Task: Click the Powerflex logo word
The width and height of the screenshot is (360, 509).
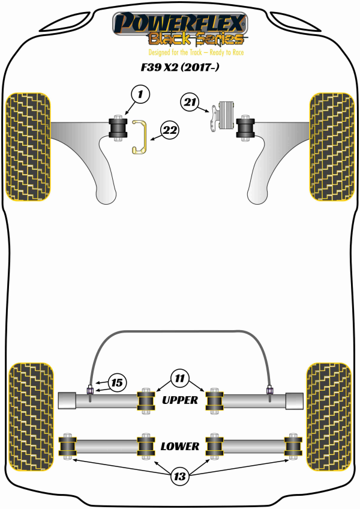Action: (180, 23)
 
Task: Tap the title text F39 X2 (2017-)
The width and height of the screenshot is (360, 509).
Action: (179, 68)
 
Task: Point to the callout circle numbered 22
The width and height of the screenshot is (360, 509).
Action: (170, 128)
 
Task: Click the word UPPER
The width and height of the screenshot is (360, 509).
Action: (179, 400)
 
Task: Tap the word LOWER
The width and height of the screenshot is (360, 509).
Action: (179, 446)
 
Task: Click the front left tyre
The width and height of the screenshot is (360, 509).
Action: (28, 146)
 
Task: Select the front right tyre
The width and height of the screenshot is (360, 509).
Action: (330, 146)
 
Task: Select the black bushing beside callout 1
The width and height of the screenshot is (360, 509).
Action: (118, 127)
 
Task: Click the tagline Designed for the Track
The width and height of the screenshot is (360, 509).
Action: (180, 52)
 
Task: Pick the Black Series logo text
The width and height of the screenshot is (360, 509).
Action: (196, 40)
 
